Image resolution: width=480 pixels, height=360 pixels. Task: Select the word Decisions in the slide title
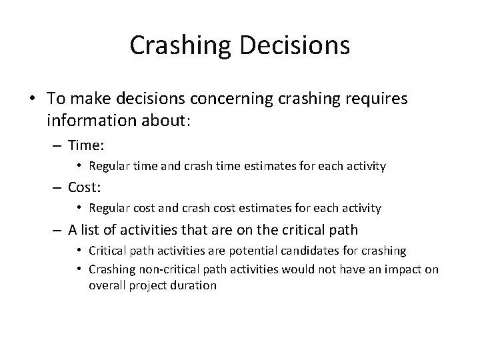294,45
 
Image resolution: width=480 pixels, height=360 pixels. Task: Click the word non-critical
174,268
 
